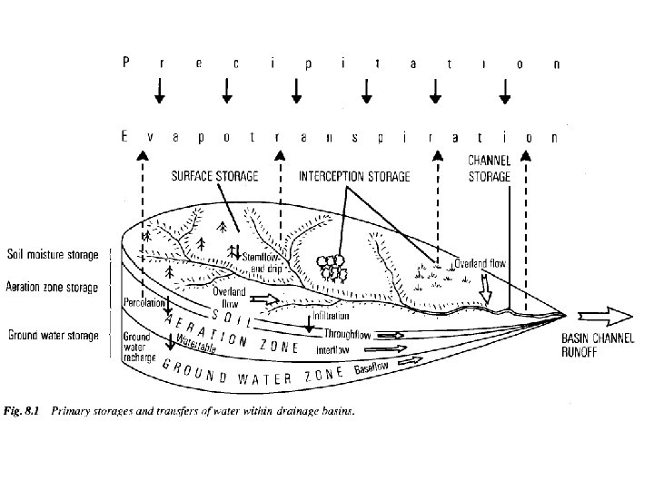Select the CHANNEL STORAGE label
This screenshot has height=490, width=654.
click(489, 169)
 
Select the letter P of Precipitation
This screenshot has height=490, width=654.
click(126, 64)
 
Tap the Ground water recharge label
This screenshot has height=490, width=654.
click(139, 347)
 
